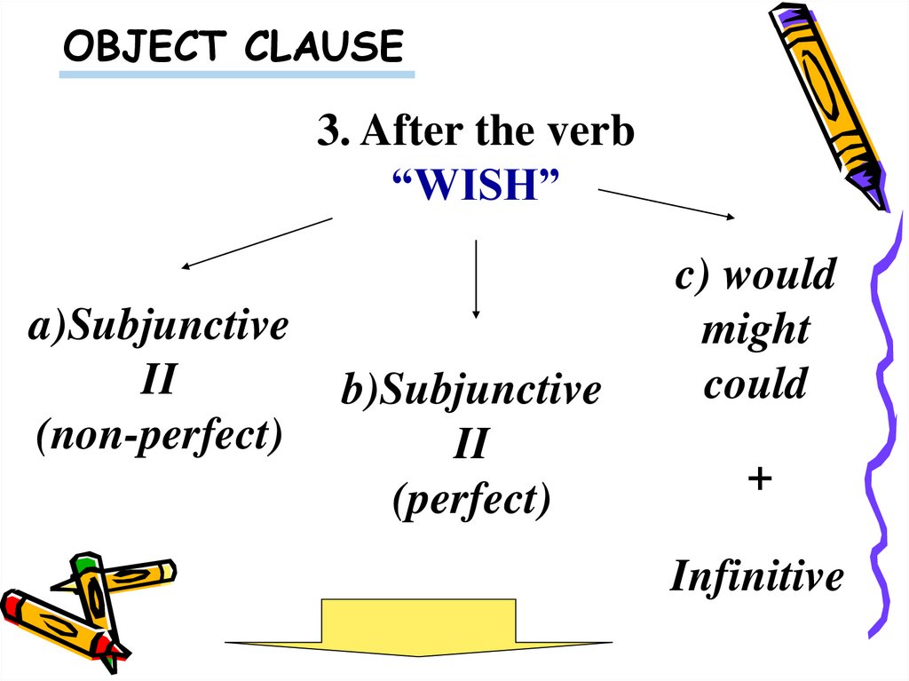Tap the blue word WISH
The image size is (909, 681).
475,186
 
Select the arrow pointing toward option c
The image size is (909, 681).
666,202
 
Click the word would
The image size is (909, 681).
779,275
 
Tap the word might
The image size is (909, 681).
755,330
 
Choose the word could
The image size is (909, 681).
755,384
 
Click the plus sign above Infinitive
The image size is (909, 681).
759,479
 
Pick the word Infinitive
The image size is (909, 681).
756,577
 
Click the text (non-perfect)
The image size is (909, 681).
159,436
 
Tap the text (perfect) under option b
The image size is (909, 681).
471,500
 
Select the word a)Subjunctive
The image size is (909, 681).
159,327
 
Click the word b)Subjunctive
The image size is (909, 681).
471,391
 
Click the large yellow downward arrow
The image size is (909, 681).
418,629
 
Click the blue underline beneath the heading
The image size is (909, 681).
236,74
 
